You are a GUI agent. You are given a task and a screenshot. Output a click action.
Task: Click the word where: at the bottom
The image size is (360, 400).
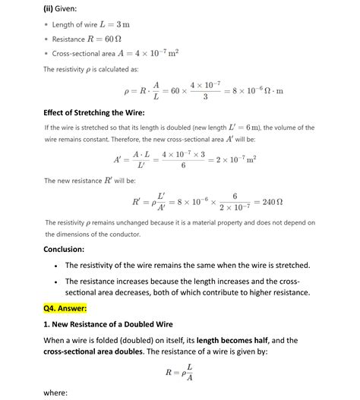(x=56, y=393)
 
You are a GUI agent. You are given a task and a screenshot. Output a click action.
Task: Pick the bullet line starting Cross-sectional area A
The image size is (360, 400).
(x=114, y=53)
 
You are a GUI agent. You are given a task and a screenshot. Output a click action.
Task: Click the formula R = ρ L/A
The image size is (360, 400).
(x=179, y=372)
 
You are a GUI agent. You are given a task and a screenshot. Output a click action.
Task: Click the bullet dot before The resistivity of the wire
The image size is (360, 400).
(x=56, y=266)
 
